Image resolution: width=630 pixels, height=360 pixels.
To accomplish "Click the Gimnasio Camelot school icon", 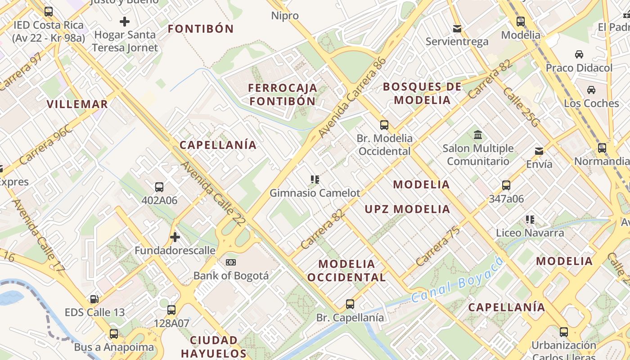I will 315,180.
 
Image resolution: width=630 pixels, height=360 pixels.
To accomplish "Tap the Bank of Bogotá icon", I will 231,262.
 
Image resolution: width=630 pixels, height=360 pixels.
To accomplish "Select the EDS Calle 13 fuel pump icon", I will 94,299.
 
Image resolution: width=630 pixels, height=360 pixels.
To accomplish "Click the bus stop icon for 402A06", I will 159,187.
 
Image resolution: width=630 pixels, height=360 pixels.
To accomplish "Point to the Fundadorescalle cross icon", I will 175,237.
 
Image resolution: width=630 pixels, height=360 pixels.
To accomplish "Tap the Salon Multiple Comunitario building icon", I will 477,135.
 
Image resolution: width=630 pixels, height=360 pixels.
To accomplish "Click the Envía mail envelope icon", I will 539,151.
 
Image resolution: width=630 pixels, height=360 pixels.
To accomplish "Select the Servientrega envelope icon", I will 457,29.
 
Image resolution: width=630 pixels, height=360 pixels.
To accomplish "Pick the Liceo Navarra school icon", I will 530,220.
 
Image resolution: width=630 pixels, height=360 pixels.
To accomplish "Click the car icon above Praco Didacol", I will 579,54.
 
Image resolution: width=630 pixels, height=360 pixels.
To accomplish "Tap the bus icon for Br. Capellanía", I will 350,304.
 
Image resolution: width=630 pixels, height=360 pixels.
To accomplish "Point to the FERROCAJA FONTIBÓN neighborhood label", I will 283,94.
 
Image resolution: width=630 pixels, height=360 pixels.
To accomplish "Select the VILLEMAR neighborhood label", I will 77,104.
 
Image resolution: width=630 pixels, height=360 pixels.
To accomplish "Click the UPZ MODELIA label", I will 407,209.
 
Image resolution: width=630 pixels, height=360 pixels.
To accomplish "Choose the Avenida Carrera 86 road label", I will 352,98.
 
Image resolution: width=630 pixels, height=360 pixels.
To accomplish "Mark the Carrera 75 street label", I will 438,246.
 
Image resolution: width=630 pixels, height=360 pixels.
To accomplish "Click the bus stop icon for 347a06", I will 506,185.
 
